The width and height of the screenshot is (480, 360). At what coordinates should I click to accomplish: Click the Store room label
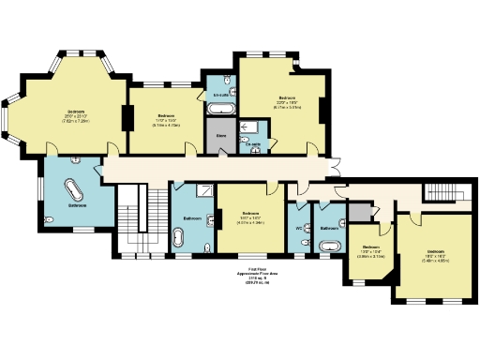221,135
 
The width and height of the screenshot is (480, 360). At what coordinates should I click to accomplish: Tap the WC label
299,227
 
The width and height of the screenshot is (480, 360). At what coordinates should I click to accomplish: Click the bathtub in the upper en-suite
220,111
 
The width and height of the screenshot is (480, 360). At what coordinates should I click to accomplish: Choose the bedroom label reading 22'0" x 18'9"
287,101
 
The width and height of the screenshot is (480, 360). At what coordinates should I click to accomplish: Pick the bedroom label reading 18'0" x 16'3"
436,254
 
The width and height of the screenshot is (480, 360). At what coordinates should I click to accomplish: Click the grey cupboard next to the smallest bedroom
359,211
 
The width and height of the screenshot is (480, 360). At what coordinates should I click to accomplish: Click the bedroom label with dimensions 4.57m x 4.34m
249,217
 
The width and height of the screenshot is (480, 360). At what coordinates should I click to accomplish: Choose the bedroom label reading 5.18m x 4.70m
167,120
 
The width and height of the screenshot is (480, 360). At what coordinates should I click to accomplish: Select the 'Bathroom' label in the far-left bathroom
77,204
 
